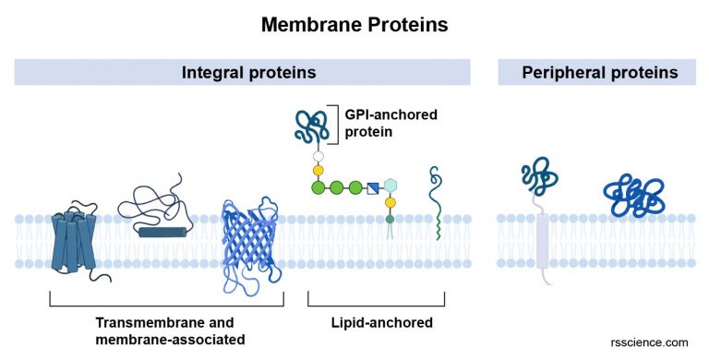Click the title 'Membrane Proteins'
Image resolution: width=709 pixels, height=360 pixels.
354,25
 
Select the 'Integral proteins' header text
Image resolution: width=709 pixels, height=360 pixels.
242,72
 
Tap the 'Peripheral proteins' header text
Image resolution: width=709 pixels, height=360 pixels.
601,72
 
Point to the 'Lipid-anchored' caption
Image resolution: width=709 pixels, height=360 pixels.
376,322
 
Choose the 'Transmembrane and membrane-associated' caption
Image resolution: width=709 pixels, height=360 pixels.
165,330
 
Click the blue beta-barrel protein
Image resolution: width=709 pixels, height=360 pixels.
250,242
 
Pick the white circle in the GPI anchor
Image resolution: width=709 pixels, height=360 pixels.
318,156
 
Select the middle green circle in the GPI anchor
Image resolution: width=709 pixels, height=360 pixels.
337,188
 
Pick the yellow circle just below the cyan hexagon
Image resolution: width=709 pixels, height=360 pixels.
391,203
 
